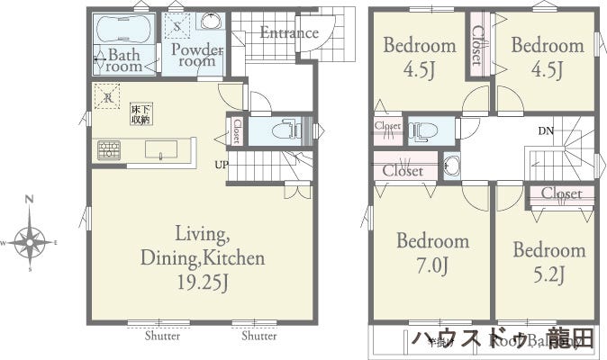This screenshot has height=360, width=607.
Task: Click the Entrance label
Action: point(289,33)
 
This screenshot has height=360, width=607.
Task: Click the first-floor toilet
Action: point(286,130)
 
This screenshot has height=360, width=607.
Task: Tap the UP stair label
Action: point(222,165)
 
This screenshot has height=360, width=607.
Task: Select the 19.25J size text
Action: point(202,282)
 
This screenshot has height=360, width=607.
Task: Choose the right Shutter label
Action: point(258,337)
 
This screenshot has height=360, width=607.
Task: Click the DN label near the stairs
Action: point(546,131)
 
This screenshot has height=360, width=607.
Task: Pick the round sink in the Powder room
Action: point(212,22)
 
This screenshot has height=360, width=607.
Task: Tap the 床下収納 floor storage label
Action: point(140,113)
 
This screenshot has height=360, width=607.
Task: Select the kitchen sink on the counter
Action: point(161,151)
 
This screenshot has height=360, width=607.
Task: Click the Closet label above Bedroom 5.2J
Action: point(561,193)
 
